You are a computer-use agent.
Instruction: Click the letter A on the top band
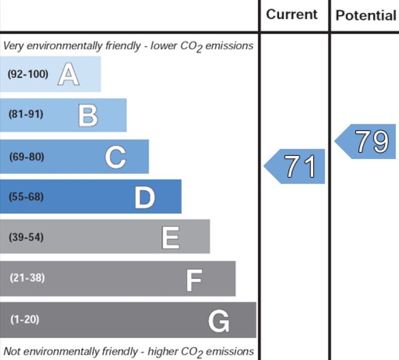pos(68,75)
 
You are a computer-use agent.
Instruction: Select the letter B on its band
pos(88,115)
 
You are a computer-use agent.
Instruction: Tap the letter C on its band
pos(115,156)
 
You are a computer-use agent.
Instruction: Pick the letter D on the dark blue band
pos(145,197)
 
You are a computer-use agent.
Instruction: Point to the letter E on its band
pos(170,238)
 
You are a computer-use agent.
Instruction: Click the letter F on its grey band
pos(194,279)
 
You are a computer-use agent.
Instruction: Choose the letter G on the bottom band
pos(219,321)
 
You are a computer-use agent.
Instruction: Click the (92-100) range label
pos(28,74)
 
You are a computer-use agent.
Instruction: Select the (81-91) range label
pos(26,115)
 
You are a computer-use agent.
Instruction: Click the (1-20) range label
pos(24,319)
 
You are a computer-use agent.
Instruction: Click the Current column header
pos(292,14)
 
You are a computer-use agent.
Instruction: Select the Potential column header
pos(366,15)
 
